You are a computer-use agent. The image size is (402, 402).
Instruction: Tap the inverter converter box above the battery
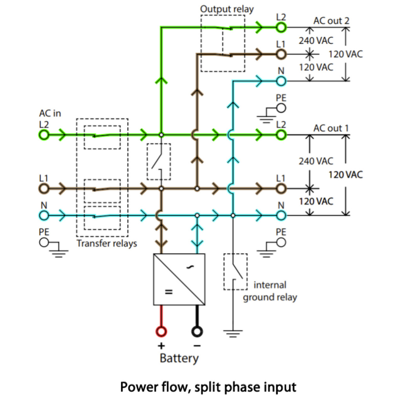[179, 279]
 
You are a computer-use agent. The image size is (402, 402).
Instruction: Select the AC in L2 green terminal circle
[44, 135]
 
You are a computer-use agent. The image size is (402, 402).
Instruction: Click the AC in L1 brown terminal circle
[44, 188]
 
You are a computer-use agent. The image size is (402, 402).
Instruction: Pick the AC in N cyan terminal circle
[44, 215]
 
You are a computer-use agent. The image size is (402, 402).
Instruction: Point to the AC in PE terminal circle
[44, 243]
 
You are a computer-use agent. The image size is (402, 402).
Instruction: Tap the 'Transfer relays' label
[107, 243]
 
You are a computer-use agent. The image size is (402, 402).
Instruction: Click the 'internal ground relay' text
[270, 291]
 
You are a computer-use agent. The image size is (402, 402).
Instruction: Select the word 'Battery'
[179, 358]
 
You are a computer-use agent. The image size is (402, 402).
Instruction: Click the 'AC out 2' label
[331, 21]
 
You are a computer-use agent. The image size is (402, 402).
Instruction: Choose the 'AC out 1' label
[331, 128]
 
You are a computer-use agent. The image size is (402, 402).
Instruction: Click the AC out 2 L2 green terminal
[281, 27]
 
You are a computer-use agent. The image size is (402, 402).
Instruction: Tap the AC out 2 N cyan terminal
[281, 81]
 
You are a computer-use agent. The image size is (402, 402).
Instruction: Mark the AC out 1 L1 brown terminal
[281, 188]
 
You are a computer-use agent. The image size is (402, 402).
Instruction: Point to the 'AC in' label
[50, 113]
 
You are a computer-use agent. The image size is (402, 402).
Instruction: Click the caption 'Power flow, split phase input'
[208, 387]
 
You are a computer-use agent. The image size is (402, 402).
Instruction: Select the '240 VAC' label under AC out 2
[316, 40]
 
